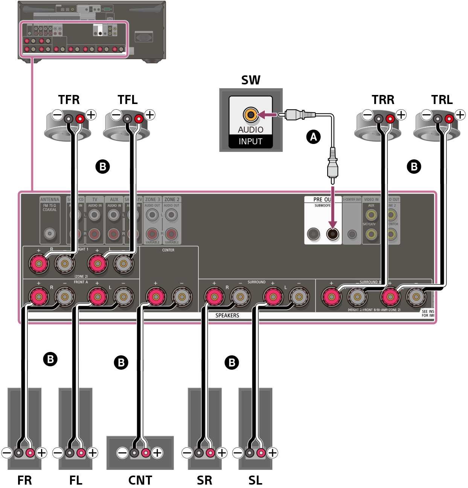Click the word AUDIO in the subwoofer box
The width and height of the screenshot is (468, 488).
coord(250,130)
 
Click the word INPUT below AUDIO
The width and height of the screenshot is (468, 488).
coord(250,142)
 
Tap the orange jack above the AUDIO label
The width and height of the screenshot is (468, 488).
coord(250,114)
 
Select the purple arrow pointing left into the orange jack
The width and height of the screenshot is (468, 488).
coord(268,114)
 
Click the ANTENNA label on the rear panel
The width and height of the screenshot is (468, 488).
coord(50,199)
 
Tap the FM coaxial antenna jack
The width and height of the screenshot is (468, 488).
coord(50,234)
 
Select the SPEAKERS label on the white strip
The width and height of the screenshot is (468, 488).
coord(227,315)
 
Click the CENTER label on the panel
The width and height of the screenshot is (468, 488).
coord(168,250)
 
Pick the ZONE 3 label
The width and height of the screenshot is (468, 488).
coord(152,199)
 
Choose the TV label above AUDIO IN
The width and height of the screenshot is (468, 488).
coord(95,199)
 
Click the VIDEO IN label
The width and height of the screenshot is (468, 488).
coord(371,199)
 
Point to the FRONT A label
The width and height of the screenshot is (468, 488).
coord(81,282)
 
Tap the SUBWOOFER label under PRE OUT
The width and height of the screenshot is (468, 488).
coord(323,205)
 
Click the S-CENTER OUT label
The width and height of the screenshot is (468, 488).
coord(352,199)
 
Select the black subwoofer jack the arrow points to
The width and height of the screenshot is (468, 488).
coord(332,234)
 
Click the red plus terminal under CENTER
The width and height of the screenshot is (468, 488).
coord(155,297)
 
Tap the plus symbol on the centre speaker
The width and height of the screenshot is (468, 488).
coord(157,453)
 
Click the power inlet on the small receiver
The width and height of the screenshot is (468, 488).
coord(143,37)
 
